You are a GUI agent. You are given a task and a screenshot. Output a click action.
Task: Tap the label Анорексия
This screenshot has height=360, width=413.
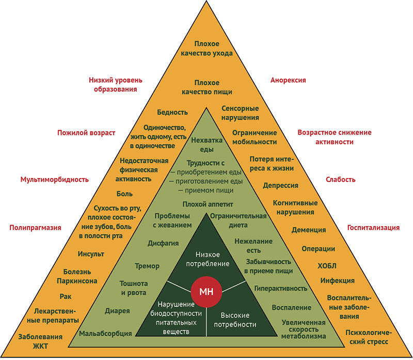point(288,80)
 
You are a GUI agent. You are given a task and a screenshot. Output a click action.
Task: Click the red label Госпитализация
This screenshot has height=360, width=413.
point(373,228)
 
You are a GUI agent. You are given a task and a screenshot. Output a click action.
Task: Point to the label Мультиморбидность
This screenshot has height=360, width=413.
point(54,180)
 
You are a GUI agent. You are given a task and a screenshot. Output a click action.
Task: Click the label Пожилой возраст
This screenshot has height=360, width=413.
point(86,133)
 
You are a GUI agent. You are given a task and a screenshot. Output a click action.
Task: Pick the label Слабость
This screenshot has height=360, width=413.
point(340,180)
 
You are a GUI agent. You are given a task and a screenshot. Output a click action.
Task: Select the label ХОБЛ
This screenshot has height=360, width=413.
point(326,266)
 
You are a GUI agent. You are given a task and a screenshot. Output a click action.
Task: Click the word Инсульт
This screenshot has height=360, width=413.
point(91,254)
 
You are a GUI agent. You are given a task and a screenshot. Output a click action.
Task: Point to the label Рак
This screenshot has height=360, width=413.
point(65,296)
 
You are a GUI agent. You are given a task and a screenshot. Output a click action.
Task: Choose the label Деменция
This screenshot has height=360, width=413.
point(308,230)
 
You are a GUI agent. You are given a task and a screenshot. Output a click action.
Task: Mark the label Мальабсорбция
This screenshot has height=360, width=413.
point(105,334)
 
